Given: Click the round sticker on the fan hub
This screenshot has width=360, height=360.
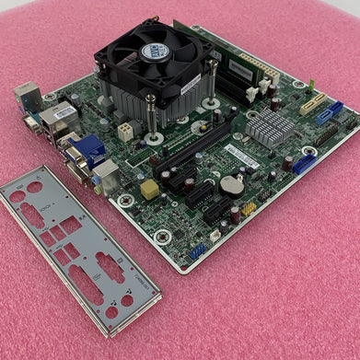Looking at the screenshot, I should (x=143, y=56).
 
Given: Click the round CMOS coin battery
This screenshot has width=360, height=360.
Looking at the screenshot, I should (x=234, y=184).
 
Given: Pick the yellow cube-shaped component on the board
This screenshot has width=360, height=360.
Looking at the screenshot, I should (x=149, y=190).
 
